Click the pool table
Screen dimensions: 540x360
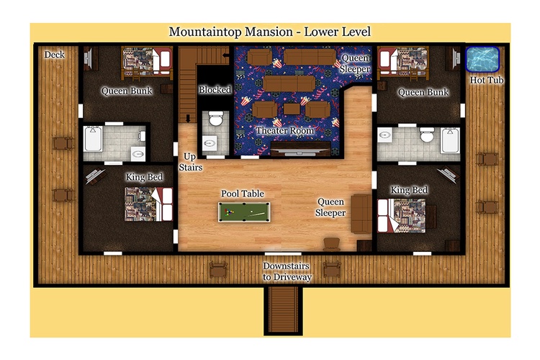pyautogui.click(x=244, y=212)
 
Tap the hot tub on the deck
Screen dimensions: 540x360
pyautogui.click(x=482, y=59)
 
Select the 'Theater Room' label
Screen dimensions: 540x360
pyautogui.click(x=285, y=130)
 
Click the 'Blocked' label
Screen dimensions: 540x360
pyautogui.click(x=215, y=89)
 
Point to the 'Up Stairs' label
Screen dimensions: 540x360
pyautogui.click(x=191, y=162)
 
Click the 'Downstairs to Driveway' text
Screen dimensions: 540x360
pyautogui.click(x=287, y=271)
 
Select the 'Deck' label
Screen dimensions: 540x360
pyautogui.click(x=55, y=55)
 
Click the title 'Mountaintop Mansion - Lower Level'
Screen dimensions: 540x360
pyautogui.click(x=270, y=32)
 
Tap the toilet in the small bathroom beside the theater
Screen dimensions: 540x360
pyautogui.click(x=216, y=119)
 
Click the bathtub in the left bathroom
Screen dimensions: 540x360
pyautogui.click(x=93, y=139)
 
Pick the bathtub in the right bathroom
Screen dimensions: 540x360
pyautogui.click(x=451, y=140)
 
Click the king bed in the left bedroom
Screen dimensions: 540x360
pyautogui.click(x=148, y=204)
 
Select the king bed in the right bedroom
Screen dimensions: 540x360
pyautogui.click(x=402, y=216)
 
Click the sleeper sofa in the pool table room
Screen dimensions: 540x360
pyautogui.click(x=361, y=214)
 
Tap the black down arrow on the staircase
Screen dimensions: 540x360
pyautogui.click(x=188, y=119)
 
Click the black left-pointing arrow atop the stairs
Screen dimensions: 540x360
pyautogui.click(x=226, y=55)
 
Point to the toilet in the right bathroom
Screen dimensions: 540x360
pyautogui.click(x=427, y=135)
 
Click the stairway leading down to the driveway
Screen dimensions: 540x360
pyautogui.click(x=284, y=311)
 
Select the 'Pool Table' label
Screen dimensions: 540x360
pyautogui.click(x=243, y=194)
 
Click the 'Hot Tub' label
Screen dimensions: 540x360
pyautogui.click(x=487, y=80)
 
